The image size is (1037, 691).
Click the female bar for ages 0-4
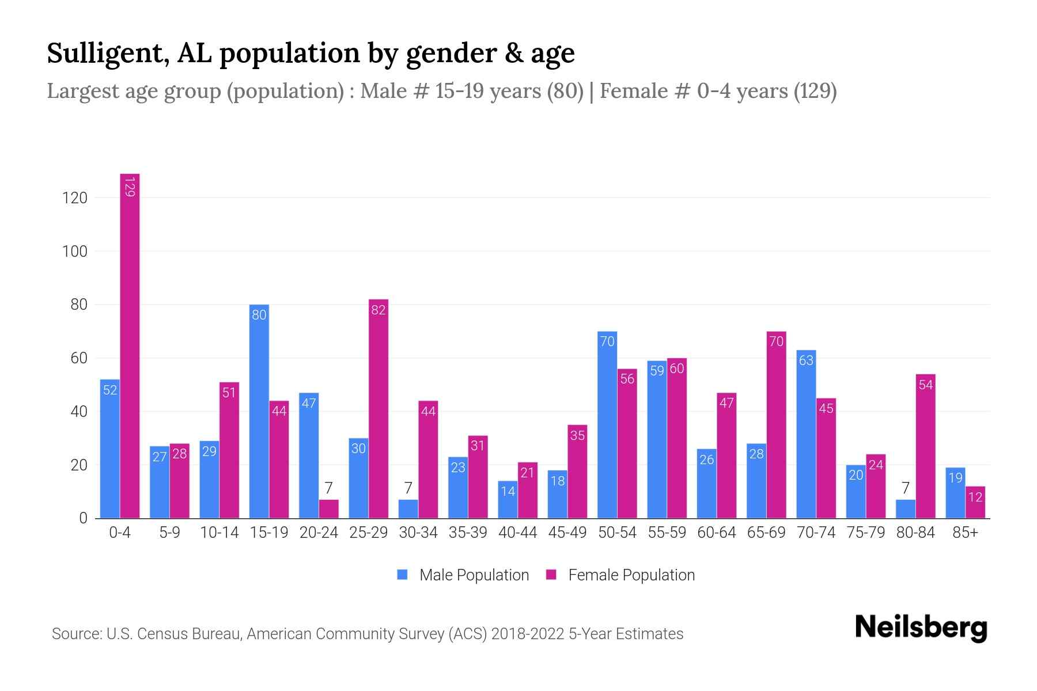130,345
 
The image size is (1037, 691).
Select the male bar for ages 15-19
259,412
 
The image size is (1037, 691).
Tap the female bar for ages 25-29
379,409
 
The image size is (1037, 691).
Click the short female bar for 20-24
328,509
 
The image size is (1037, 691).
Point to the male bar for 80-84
906,509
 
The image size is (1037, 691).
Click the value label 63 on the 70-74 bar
806,360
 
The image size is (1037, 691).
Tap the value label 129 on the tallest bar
130,187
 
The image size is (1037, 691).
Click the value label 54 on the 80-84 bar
925,385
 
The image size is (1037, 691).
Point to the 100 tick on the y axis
74,252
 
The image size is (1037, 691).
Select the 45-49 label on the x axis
567,533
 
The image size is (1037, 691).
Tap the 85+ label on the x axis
965,533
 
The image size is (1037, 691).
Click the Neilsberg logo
921,628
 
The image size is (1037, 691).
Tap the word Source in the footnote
75,634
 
